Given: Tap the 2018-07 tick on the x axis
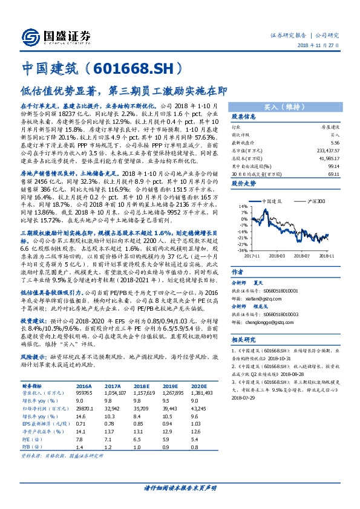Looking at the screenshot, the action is (x=306, y=255).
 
